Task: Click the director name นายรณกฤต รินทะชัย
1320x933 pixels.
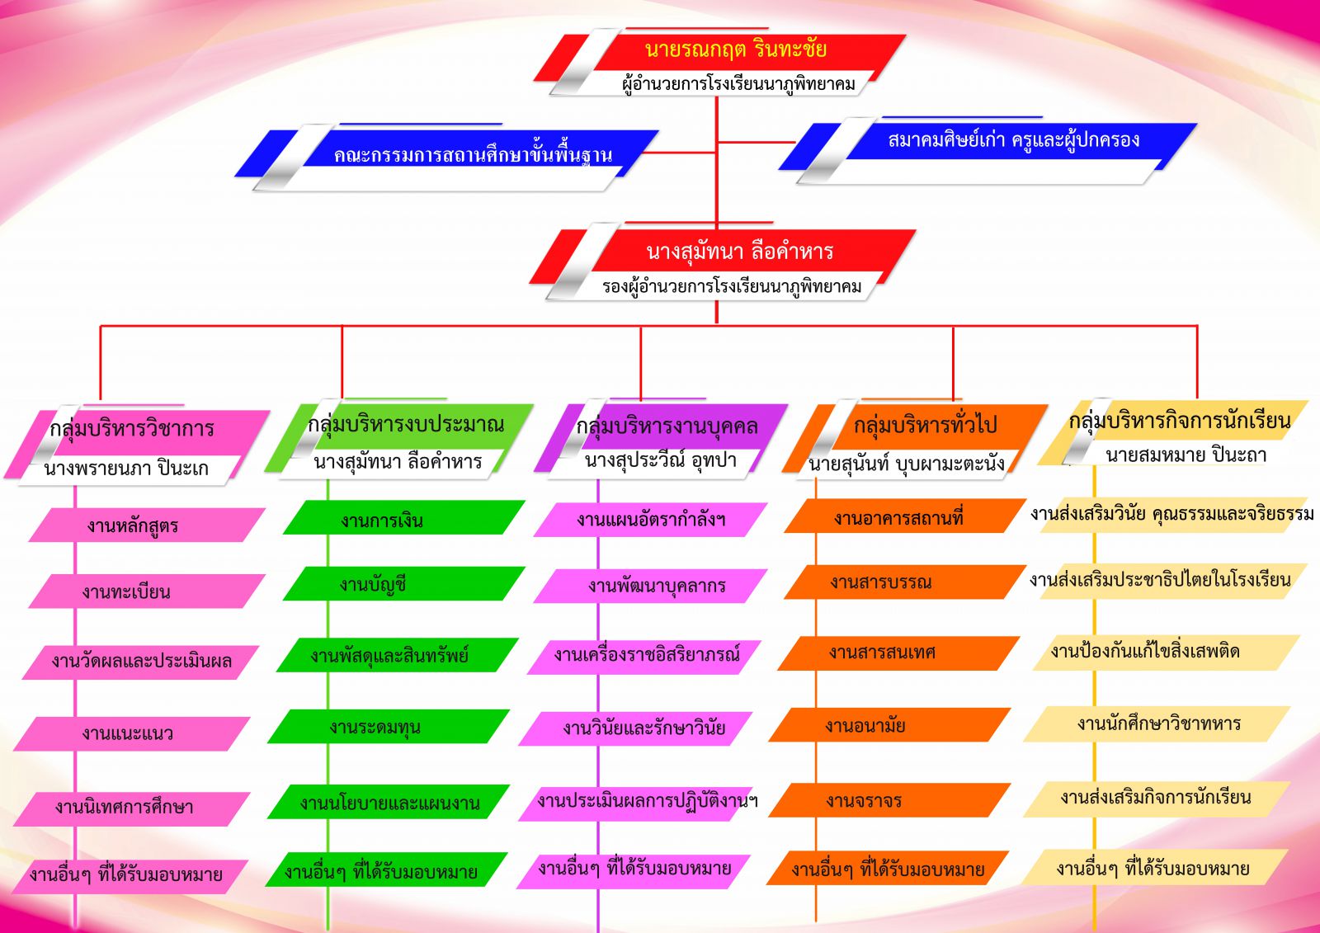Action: pos(735,49)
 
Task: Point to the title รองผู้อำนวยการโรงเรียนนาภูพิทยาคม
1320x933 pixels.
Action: pos(731,287)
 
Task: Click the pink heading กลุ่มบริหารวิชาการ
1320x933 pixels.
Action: pos(132,428)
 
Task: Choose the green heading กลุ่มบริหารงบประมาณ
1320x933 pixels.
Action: pos(406,424)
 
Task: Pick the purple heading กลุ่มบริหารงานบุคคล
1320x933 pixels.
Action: pos(667,426)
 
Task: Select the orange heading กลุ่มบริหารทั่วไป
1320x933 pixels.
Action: pos(925,424)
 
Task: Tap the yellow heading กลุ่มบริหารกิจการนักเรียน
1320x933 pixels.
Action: pos(1180,421)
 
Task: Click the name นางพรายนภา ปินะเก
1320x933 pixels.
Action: pos(126,469)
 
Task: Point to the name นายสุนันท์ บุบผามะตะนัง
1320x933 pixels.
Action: pos(907,464)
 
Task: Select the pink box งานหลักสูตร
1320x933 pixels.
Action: pos(148,525)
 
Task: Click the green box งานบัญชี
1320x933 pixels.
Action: pos(404,583)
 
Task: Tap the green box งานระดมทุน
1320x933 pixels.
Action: pos(389,726)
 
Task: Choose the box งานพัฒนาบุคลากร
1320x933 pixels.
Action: pos(651,586)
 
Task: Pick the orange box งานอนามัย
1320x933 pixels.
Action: pos(890,725)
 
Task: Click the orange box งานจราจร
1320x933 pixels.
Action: pos(890,800)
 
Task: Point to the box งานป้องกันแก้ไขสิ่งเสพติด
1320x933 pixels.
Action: pos(1167,653)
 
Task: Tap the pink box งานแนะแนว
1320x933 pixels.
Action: pos(132,734)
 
